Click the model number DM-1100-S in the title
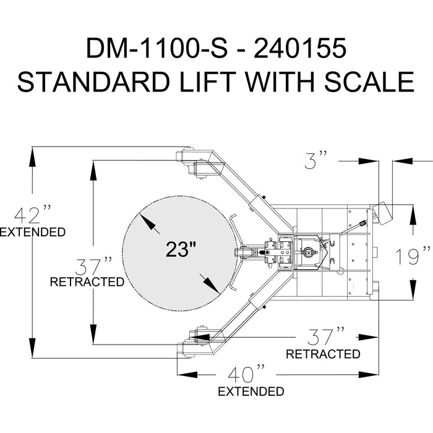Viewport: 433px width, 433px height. point(157,48)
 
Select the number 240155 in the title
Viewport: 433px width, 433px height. point(300,48)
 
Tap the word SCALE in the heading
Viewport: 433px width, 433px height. point(369,82)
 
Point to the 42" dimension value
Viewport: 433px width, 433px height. point(33,214)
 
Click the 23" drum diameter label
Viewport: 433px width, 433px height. point(181,249)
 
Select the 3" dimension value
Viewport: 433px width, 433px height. point(315,160)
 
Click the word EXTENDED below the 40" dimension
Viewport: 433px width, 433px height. point(251,392)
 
